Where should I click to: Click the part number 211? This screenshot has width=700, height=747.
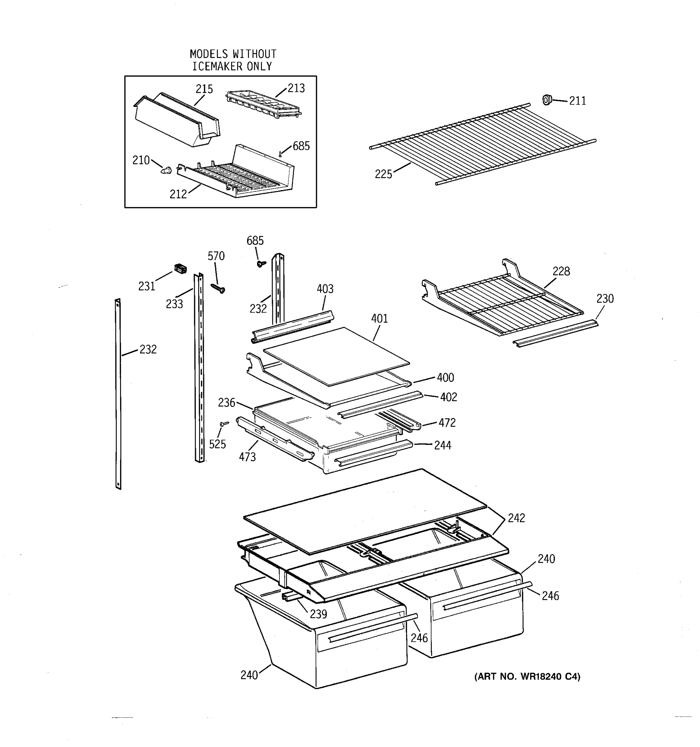[577, 101]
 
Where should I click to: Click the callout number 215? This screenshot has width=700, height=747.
[204, 89]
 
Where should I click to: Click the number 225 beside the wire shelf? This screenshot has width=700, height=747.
[383, 174]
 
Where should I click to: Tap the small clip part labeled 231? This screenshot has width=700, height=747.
[180, 269]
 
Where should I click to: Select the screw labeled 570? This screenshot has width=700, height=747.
[218, 288]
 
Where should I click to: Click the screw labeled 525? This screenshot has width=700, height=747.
[224, 424]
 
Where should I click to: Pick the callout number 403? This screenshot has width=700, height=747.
[325, 289]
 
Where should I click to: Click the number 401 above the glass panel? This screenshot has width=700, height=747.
[379, 318]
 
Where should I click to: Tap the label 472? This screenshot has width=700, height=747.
[447, 423]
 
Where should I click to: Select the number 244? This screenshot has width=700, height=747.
[442, 445]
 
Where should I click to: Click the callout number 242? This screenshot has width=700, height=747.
[516, 518]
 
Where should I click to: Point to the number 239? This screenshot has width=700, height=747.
[318, 614]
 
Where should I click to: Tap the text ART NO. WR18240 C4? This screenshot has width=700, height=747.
[527, 677]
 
